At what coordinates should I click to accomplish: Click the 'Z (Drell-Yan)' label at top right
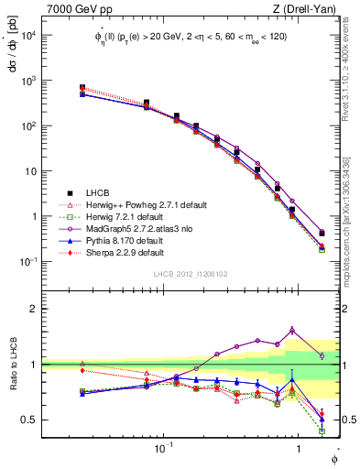tap(309, 8)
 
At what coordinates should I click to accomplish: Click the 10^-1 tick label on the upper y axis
tap(27, 262)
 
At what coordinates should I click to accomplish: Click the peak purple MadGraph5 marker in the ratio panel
tap(292, 330)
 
